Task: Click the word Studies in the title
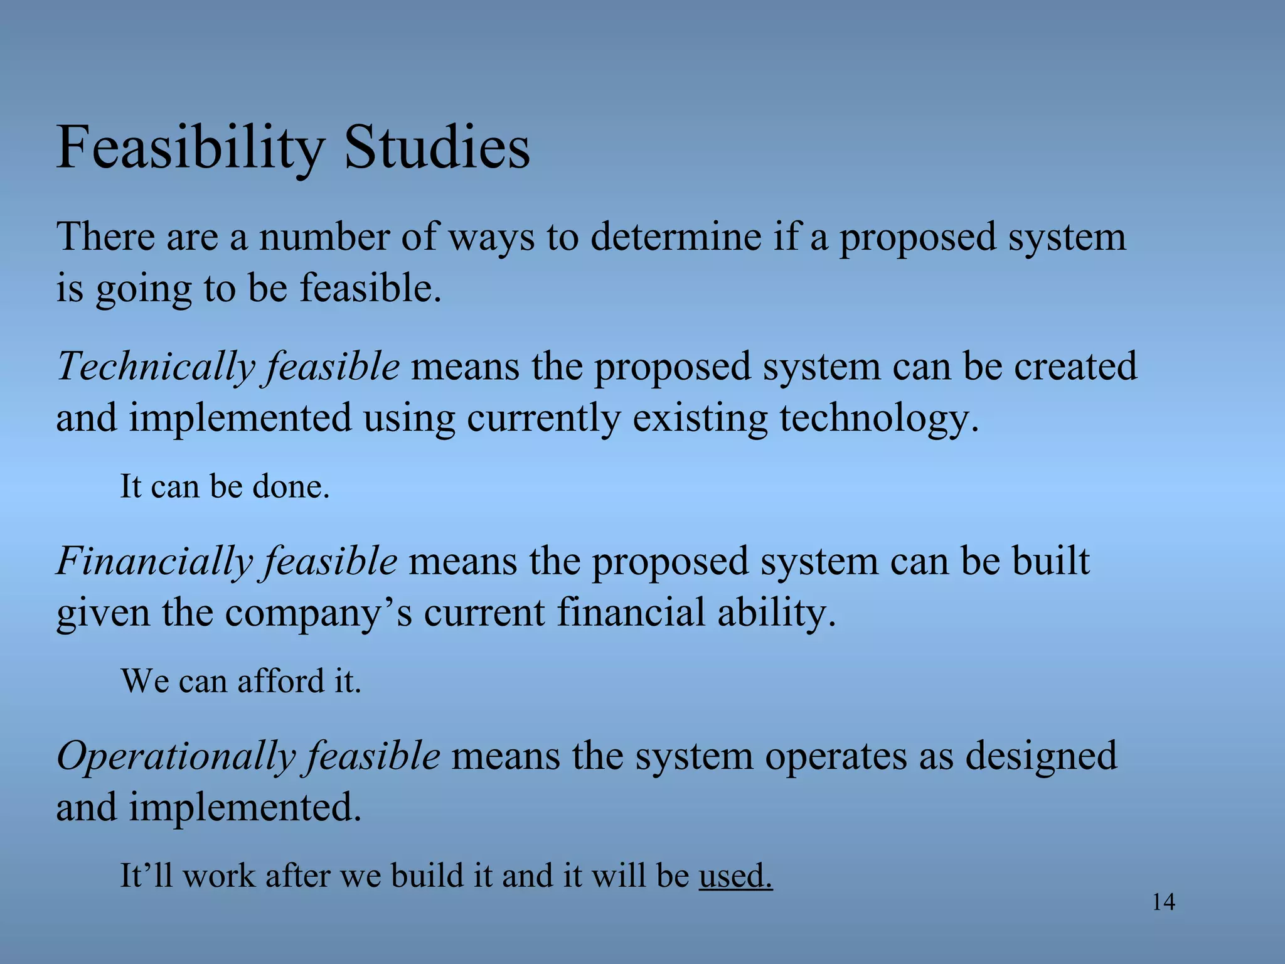tap(437, 149)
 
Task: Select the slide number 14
tap(1163, 902)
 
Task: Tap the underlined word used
tap(735, 876)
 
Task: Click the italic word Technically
tap(156, 367)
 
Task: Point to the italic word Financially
tap(154, 561)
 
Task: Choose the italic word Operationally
tap(176, 756)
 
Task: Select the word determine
tap(676, 237)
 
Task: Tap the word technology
tap(878, 419)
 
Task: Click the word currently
tap(543, 419)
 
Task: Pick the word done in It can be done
tap(291, 486)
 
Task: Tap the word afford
tap(275, 681)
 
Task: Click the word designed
tap(1040, 756)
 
